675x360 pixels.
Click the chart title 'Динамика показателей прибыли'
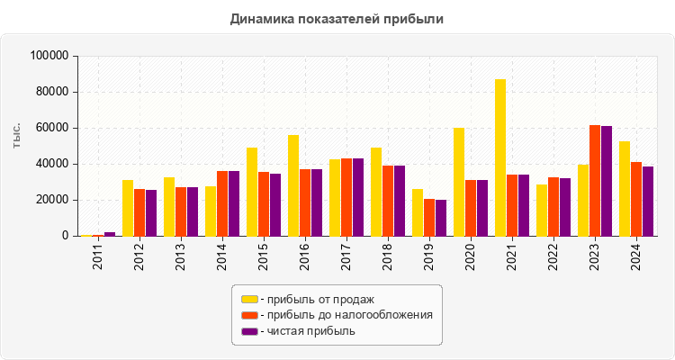coord(337,18)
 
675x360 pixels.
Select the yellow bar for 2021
coord(500,157)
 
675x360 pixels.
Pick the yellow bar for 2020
coord(459,182)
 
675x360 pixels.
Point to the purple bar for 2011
coord(110,234)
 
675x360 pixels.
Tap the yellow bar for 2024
coord(625,188)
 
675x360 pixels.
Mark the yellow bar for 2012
coord(128,208)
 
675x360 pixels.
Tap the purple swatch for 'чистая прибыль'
coord(249,331)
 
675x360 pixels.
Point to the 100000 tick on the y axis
coord(49,56)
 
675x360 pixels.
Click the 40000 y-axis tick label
coord(53,164)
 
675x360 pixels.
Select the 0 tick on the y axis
coord(66,236)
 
